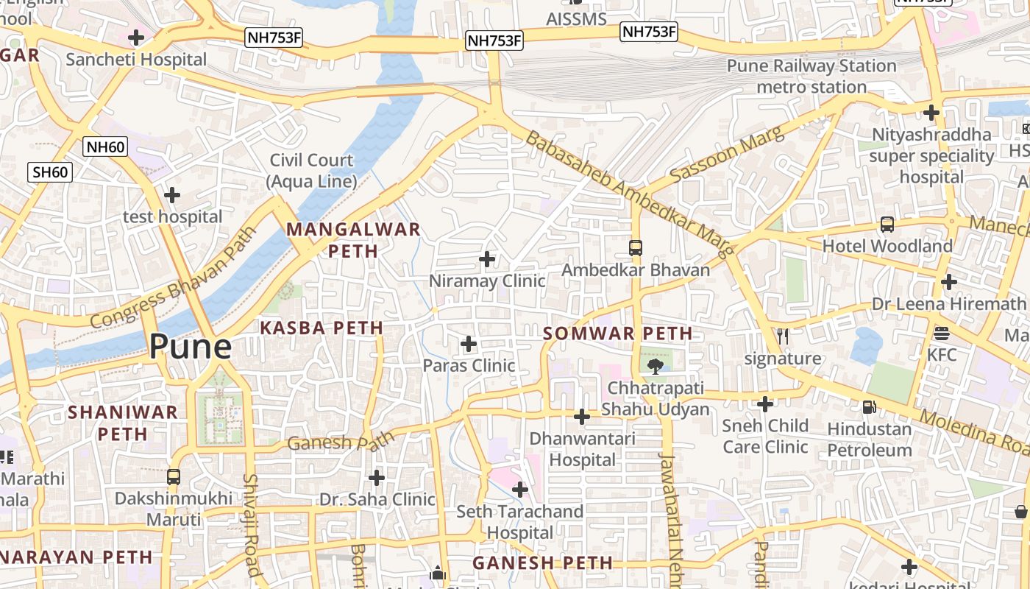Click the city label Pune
point(191,346)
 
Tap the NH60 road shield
point(105,147)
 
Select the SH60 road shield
point(51,172)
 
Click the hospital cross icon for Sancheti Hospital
point(136,37)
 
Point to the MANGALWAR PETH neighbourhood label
point(353,240)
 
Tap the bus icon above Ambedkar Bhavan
point(636,248)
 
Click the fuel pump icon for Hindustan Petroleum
point(869,406)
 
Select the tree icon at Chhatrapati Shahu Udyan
point(655,366)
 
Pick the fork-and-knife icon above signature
point(783,336)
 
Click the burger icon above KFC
point(942,333)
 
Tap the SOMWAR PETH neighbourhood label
point(618,334)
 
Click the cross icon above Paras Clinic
point(469,344)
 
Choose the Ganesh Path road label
point(341,442)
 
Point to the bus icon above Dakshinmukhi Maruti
point(174,476)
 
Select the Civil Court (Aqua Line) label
point(311,170)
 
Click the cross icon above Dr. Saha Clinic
point(377,478)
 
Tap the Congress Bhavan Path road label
point(174,278)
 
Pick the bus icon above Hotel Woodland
point(887,225)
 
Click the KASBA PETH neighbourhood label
point(322,328)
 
